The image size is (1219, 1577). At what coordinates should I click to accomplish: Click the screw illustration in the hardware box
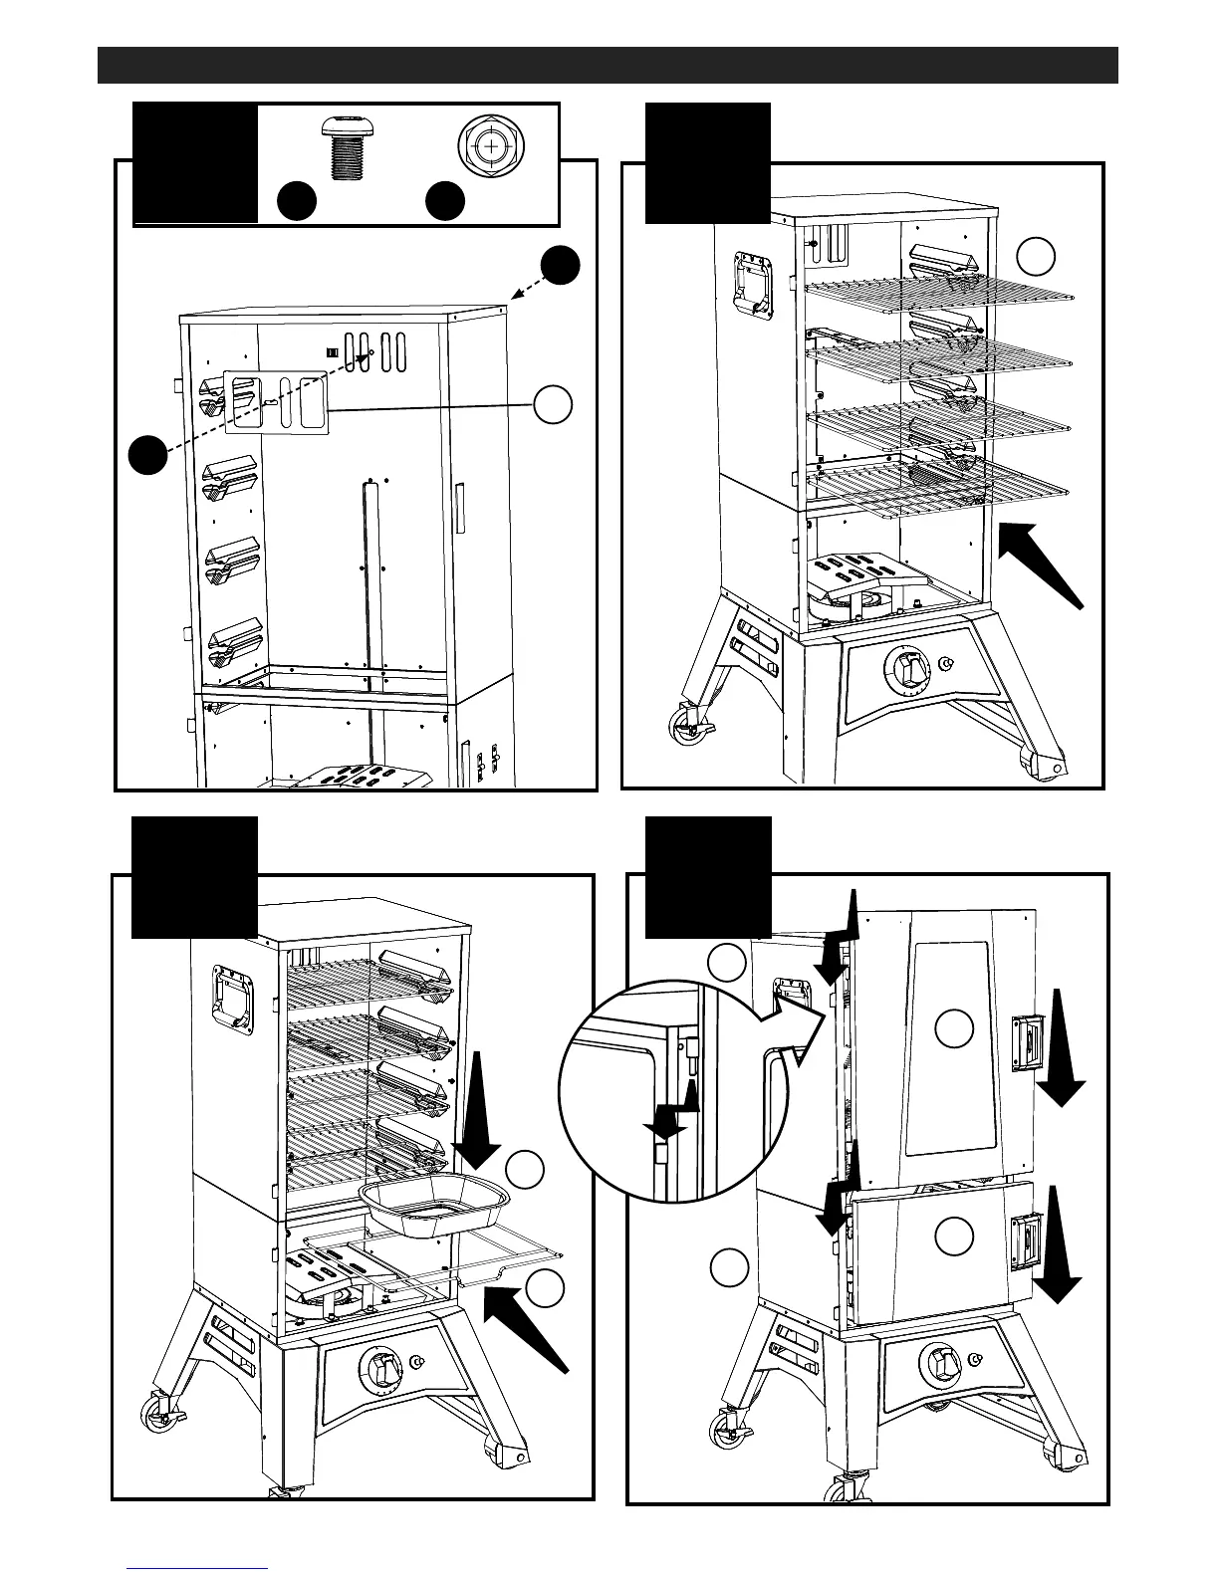pos(348,151)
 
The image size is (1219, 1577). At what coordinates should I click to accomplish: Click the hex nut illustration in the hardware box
pos(489,146)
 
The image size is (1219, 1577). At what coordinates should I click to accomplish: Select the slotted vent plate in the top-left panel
pos(277,402)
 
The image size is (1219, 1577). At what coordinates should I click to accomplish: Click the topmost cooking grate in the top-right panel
pos(940,289)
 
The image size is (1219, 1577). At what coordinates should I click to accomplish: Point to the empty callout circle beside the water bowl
pos(525,1170)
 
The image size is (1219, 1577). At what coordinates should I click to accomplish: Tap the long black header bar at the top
pos(608,65)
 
